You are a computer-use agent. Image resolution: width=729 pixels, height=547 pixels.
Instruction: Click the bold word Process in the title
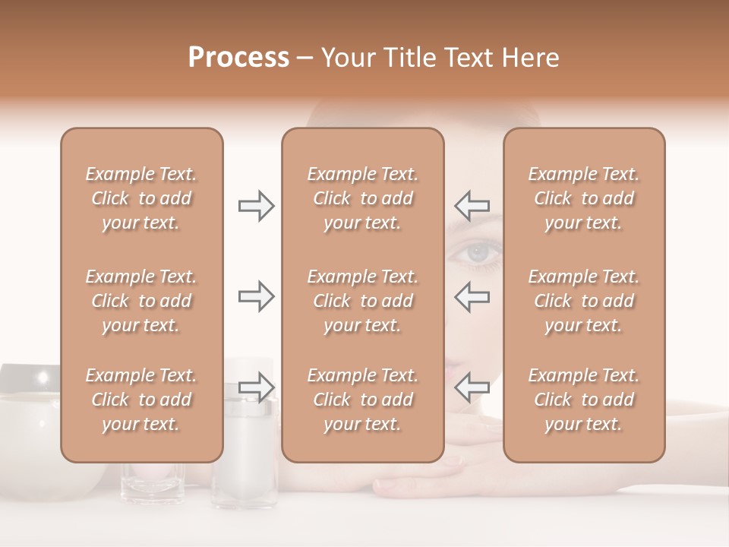238,58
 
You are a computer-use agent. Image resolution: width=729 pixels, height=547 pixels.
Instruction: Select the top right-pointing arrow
256,206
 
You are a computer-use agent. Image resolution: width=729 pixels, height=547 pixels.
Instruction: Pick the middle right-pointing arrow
256,296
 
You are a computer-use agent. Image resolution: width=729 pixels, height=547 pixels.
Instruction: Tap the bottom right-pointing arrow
256,387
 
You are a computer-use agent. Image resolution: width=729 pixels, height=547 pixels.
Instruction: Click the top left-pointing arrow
472,206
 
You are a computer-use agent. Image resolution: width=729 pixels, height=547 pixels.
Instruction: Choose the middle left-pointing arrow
472,296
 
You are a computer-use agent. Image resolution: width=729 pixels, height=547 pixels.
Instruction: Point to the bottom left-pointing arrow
472,387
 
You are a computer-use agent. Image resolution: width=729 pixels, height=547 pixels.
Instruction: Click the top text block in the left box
141,198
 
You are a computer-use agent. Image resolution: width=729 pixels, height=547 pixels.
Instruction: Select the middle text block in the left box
141,301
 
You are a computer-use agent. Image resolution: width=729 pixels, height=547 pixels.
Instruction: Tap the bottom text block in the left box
141,400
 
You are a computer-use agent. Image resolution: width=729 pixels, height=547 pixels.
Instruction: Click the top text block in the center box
362,198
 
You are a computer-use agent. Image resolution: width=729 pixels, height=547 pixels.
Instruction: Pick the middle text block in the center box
362,301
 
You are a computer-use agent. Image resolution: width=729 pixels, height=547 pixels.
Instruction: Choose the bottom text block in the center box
362,400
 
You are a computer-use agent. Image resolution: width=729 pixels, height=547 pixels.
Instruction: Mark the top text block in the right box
583,198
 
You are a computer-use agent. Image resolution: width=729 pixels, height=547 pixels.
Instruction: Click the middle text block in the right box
583,301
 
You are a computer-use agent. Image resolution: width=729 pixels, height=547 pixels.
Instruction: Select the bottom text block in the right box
583,400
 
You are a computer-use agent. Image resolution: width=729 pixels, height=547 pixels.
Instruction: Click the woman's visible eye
475,253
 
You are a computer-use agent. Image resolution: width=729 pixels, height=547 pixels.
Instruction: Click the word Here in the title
532,58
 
